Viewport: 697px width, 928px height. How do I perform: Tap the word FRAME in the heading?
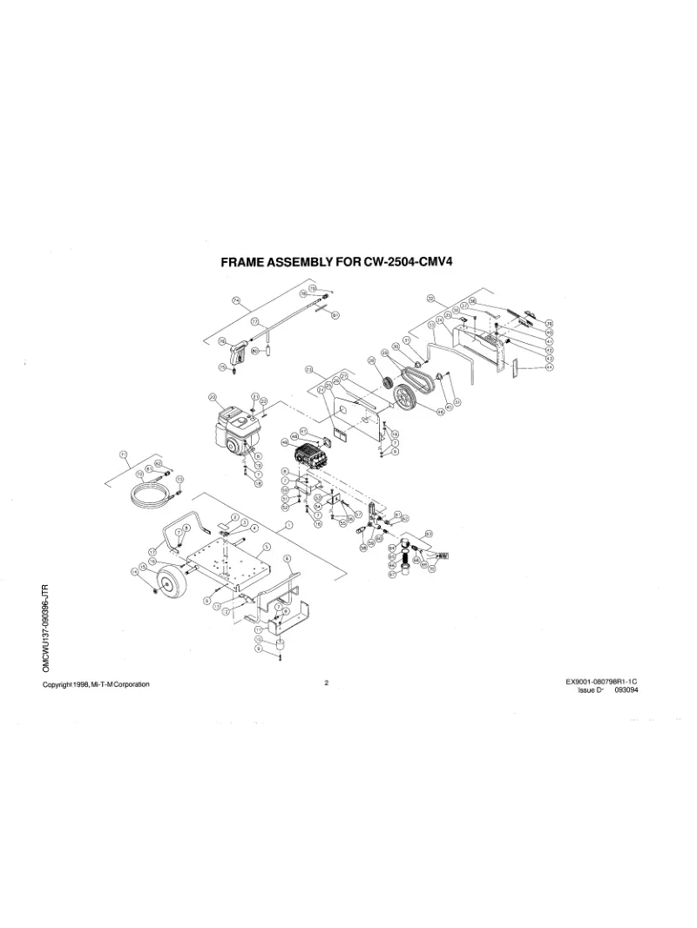tap(246, 261)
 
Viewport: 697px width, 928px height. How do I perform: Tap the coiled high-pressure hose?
tap(150, 494)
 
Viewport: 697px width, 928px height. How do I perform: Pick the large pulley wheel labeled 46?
tap(406, 399)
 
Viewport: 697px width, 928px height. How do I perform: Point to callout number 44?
tap(549, 367)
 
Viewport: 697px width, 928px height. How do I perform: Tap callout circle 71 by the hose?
tap(123, 454)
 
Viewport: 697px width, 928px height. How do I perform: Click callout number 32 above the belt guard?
tap(430, 299)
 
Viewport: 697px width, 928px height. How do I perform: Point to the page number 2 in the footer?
tap(326, 683)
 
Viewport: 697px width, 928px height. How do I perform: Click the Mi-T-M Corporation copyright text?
tap(96, 684)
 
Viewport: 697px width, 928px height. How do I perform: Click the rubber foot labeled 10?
tap(281, 644)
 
